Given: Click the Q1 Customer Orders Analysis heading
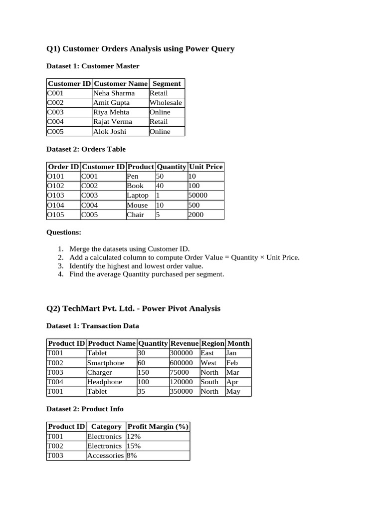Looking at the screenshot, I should point(140,49).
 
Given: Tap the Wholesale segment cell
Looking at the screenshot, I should point(166,103).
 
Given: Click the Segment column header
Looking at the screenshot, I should point(166,83).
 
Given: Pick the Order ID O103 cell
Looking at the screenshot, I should point(55,196).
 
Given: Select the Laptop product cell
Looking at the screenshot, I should point(138,196).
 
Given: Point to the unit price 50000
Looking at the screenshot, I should point(198,196).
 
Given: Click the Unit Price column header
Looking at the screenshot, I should point(205,167).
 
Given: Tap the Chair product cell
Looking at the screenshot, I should point(136,215).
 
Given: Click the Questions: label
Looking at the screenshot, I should point(64,233).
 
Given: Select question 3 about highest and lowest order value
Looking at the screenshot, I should point(136,266).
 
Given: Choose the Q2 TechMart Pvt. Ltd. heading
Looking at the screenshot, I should point(133,308).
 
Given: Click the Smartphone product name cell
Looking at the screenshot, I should point(105,363).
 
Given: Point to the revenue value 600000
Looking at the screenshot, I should point(182,363).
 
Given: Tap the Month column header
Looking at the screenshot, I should point(238,343).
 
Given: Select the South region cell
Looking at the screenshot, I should point(209,382).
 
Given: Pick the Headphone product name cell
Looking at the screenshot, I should point(105,382).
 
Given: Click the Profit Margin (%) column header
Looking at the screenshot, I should point(158,427).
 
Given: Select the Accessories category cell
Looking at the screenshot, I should point(105,456).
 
